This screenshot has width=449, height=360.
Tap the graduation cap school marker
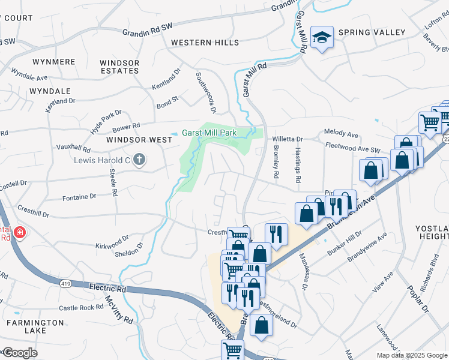[322, 38]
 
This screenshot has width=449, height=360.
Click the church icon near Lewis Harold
[139, 160]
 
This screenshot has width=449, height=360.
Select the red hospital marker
[19, 232]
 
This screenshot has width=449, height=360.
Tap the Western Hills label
[205, 43]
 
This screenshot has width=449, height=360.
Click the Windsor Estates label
[119, 67]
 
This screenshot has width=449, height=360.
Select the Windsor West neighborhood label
[139, 140]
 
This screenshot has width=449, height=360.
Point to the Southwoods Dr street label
[205, 92]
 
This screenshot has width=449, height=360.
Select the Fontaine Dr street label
[79, 196]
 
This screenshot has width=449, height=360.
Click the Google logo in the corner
[19, 352]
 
